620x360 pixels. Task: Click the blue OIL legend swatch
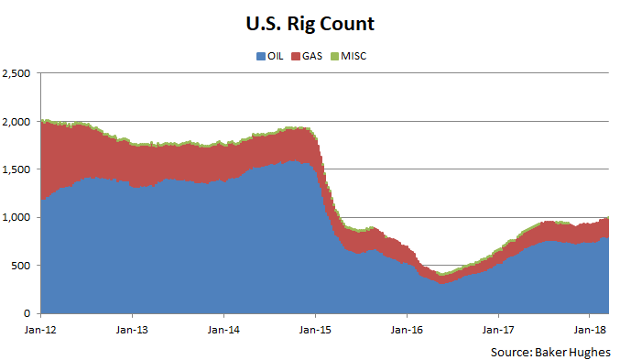click(x=261, y=57)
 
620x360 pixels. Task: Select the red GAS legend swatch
click(x=297, y=57)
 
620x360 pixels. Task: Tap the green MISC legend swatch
click(x=336, y=57)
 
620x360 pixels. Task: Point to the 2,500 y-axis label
click(x=17, y=73)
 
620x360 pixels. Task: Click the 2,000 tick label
click(x=17, y=121)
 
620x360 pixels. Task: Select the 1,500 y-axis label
click(x=17, y=169)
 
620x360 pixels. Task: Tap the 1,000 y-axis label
click(x=17, y=217)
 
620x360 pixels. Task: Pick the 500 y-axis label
click(x=23, y=266)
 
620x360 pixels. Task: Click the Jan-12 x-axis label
click(x=41, y=327)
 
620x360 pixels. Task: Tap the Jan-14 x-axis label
click(x=223, y=327)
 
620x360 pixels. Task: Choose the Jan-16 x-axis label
click(x=406, y=327)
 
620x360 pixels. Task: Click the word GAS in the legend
click(x=313, y=57)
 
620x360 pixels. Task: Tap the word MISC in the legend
click(x=355, y=57)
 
